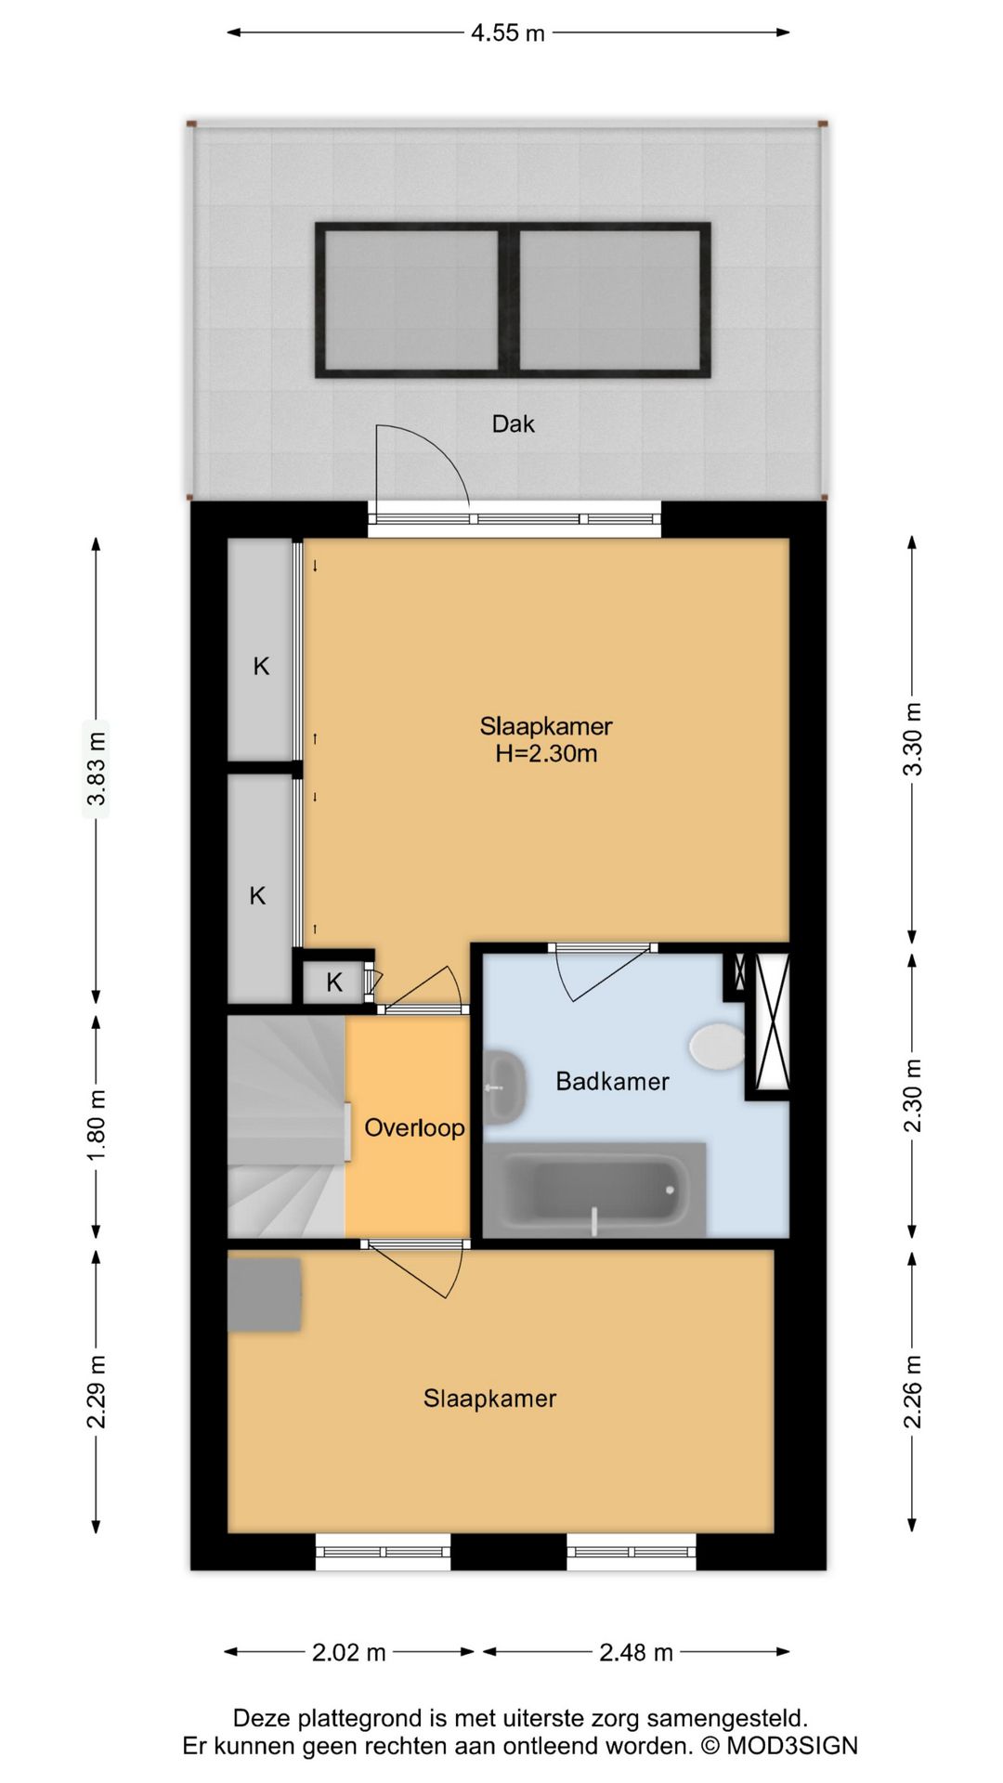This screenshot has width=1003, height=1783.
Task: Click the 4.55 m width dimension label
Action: (x=507, y=33)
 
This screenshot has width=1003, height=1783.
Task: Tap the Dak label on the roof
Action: (x=513, y=424)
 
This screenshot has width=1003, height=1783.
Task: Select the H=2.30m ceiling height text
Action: (x=546, y=753)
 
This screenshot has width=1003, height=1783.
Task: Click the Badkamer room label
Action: (x=612, y=1081)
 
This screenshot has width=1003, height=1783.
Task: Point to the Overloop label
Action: (x=414, y=1128)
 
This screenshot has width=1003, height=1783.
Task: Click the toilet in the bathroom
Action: (x=717, y=1046)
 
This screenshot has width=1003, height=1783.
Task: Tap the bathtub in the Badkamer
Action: (x=594, y=1190)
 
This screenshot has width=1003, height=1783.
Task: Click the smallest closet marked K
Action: (x=334, y=982)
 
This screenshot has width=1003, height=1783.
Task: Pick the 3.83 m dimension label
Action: (x=97, y=770)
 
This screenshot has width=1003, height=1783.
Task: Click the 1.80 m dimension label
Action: (x=97, y=1125)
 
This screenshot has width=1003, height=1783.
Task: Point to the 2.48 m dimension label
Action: (x=636, y=1652)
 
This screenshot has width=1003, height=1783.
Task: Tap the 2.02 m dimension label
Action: (x=349, y=1652)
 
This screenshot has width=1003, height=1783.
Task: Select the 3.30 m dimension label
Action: (x=914, y=739)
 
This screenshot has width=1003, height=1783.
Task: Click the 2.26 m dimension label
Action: (x=914, y=1391)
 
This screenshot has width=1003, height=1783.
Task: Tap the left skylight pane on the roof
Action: (x=411, y=299)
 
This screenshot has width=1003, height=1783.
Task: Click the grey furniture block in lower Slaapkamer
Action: (x=265, y=1295)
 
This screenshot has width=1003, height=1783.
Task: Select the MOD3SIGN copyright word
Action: (x=791, y=1746)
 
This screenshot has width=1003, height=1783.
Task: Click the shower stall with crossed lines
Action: (x=772, y=1021)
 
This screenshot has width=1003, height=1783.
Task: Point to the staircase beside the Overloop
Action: (x=287, y=1126)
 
